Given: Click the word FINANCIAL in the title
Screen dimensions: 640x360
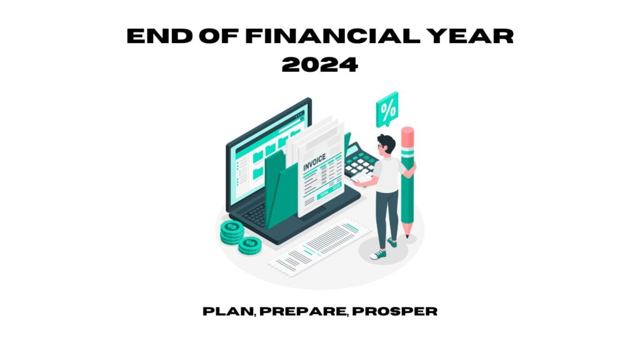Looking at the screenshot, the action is coord(332,36).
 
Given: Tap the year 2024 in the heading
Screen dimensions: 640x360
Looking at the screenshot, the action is coord(320,64).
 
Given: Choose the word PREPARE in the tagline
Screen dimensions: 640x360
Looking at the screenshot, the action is coord(303,311).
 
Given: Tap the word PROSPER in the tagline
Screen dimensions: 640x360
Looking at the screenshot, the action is coord(395,311).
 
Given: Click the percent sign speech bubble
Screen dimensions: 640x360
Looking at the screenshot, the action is coord(387,109).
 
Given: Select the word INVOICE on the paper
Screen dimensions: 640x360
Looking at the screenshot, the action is coord(314,162).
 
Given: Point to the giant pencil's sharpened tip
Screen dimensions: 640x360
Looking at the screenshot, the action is coord(407,236).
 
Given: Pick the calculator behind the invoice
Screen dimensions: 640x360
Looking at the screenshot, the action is coord(360,162).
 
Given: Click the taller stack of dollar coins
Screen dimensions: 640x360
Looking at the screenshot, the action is coord(232,232).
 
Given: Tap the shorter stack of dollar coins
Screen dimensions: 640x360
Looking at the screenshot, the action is coord(250,246).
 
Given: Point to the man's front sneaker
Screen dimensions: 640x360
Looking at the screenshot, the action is coord(378,255).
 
